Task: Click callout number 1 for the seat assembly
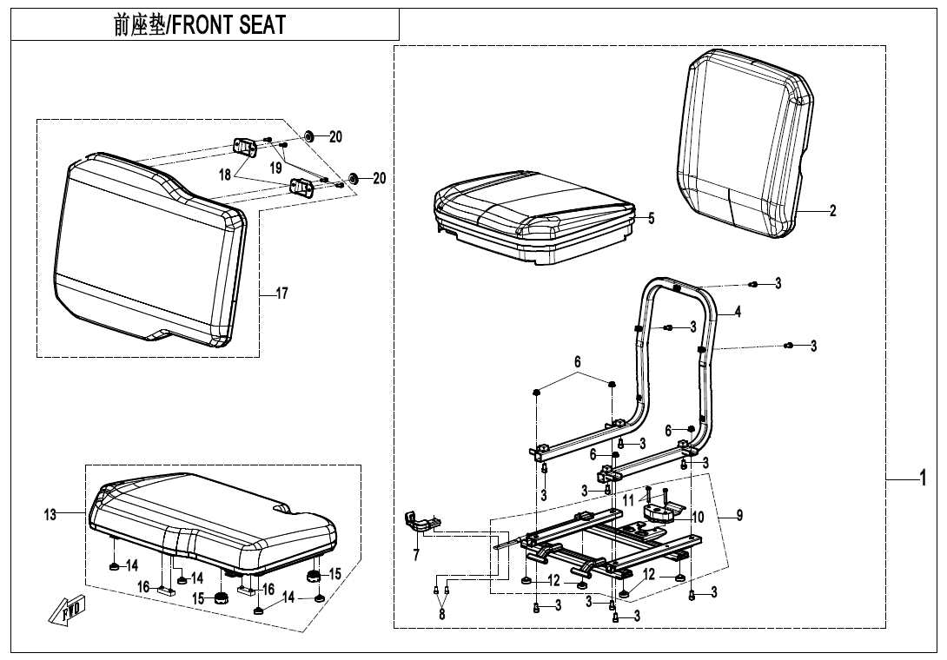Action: (x=924, y=478)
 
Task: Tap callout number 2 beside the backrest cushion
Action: (x=832, y=211)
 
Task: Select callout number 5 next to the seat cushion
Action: (x=651, y=218)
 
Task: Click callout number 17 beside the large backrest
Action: (x=281, y=294)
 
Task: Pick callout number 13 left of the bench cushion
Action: (x=50, y=515)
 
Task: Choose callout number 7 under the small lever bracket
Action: (x=417, y=553)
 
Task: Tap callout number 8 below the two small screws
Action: (x=442, y=614)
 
